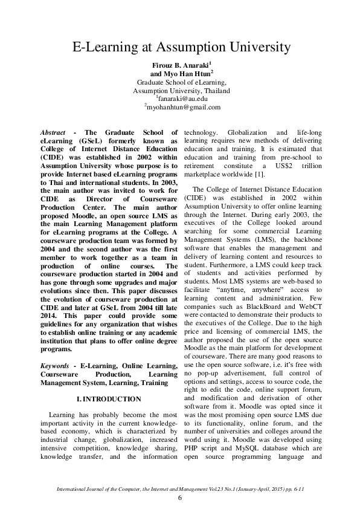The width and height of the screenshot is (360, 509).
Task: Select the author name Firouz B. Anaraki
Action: [180, 63]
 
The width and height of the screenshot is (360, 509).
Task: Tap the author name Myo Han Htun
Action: [180, 73]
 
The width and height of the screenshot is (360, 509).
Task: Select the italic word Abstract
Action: [53, 132]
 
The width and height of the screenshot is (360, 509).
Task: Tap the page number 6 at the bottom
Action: [180, 498]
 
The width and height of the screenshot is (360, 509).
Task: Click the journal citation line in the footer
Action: [180, 487]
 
